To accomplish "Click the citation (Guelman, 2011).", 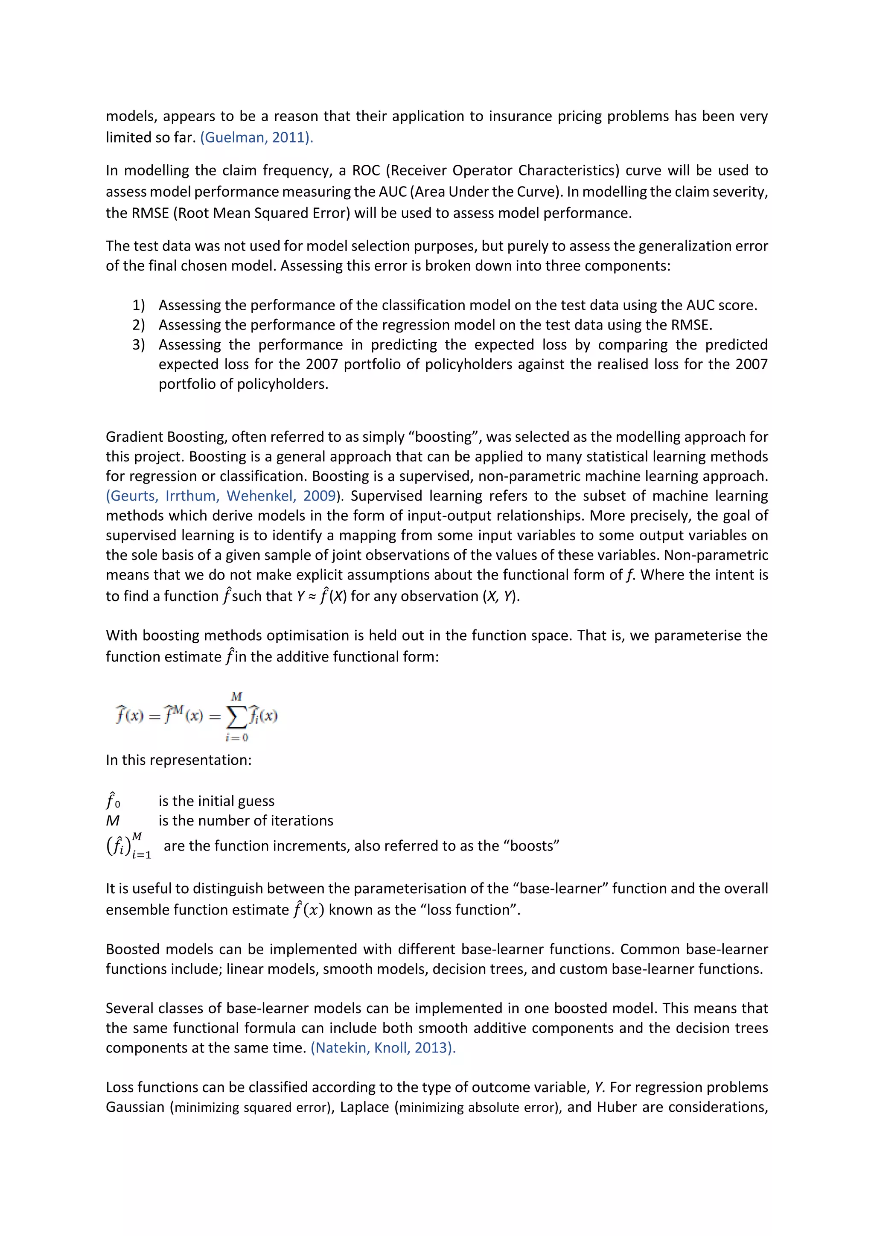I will point(256,137).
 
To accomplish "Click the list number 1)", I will point(139,305).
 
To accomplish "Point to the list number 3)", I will point(139,344).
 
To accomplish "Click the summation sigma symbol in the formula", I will point(236,716).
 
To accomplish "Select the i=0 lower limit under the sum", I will point(237,738).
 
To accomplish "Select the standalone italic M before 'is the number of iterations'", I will point(113,820).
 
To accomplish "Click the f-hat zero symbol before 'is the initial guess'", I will point(113,801).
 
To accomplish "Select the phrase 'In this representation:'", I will point(179,760).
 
